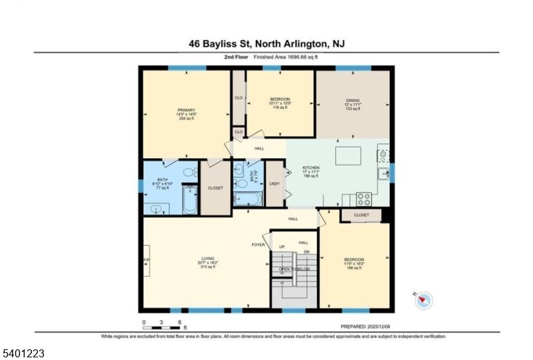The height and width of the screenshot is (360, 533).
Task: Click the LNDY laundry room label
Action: tap(274, 183)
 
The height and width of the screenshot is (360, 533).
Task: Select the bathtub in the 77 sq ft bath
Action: tap(189, 200)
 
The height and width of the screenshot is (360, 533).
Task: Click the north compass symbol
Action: tap(423, 301)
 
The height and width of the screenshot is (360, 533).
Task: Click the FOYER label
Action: tap(259, 245)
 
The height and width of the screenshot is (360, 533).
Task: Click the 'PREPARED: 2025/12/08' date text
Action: tap(365, 327)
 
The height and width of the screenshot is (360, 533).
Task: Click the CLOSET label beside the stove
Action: tap(362, 215)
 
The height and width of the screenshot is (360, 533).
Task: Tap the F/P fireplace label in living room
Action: tap(146, 260)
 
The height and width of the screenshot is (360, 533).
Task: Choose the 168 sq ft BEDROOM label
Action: tap(354, 263)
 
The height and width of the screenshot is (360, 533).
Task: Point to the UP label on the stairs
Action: tap(282, 247)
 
